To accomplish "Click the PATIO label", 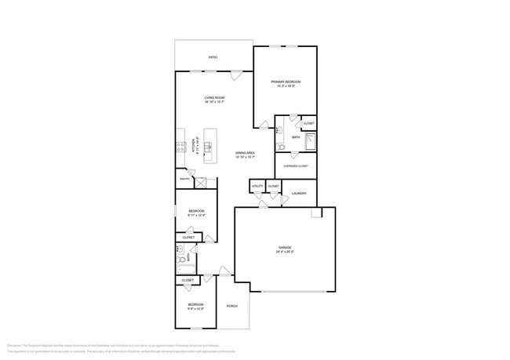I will click(213, 57).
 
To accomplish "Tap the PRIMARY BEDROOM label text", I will click(286, 82).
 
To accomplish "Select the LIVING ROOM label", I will click(215, 97).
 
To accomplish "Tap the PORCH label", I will click(231, 305).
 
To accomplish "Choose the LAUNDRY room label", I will click(298, 193).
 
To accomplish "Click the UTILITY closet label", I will click(257, 186).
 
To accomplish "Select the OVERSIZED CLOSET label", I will click(296, 166).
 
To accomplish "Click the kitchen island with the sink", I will click(209, 146).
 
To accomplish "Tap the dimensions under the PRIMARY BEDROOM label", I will click(286, 86).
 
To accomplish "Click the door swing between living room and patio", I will click(235, 75).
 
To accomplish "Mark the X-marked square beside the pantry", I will click(202, 183).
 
